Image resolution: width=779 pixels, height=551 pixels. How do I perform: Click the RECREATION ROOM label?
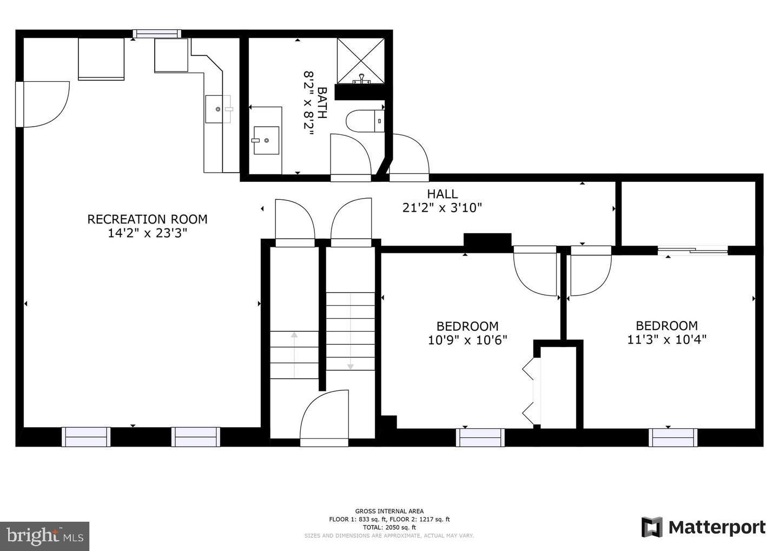147,219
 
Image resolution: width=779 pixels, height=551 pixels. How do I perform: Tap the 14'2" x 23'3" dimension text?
147,233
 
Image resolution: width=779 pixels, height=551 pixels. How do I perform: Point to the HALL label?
442,194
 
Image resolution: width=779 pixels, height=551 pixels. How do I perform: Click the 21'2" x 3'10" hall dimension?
442,207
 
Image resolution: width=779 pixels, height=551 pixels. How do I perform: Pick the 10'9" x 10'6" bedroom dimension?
467,340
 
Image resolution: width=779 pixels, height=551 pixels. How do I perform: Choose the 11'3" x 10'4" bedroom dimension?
666,339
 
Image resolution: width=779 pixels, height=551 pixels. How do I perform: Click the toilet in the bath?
365,121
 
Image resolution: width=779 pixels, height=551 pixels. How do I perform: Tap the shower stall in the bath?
361,61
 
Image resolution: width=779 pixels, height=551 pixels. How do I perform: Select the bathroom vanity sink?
266,140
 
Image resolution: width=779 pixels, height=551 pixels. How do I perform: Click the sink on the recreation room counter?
218,109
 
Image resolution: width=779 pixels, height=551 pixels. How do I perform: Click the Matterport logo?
703,527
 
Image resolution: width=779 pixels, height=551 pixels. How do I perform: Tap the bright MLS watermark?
44,536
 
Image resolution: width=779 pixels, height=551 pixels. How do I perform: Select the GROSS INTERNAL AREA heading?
389,511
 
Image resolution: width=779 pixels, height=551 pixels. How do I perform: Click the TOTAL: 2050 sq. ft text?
389,527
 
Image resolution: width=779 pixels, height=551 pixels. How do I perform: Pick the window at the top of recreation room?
157,34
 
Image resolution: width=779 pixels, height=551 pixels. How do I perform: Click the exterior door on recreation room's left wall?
20,104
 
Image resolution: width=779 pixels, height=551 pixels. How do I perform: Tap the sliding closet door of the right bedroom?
692,250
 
